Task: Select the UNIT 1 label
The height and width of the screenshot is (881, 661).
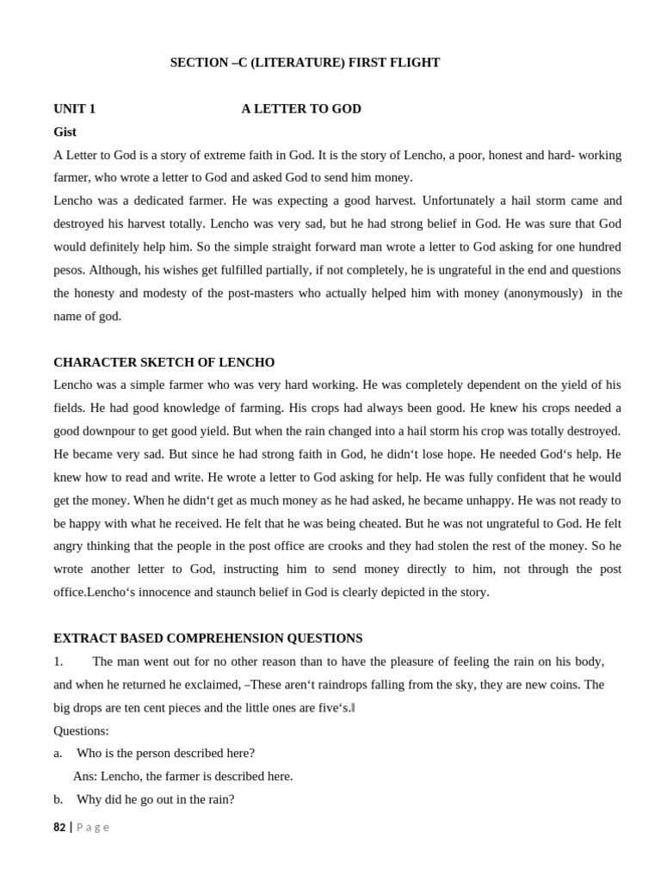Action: coord(75,108)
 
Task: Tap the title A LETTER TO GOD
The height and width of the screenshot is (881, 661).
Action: coord(301,108)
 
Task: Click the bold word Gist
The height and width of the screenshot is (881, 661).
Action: coord(65,132)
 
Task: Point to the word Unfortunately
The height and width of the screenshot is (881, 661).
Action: coord(465,200)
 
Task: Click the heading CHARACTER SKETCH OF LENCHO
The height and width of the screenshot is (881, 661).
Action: coord(164,362)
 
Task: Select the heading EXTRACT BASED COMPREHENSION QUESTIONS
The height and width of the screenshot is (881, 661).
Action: coord(208,638)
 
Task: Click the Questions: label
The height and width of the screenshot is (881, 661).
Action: coord(81,730)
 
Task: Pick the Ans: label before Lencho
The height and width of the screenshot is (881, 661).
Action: coord(85,776)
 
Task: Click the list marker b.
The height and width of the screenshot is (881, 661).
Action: coord(58,799)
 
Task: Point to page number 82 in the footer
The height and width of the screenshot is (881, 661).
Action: coord(59,828)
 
